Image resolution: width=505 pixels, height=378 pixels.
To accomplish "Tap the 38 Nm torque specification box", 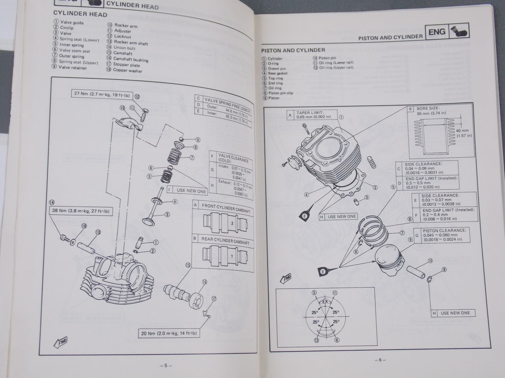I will (81, 211).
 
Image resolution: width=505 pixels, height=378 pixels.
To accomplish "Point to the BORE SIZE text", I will (428, 108).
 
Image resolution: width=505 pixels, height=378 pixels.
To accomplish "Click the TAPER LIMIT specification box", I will (311, 115).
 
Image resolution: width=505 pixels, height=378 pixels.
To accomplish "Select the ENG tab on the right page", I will (437, 32).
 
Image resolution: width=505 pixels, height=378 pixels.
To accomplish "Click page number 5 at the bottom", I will (166, 366).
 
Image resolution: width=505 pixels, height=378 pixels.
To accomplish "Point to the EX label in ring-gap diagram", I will (325, 301).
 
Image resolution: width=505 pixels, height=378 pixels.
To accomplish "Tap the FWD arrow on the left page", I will (60, 343).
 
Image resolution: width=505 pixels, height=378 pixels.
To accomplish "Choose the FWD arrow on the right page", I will (286, 278).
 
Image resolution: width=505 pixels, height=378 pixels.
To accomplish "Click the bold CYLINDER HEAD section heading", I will (80, 14).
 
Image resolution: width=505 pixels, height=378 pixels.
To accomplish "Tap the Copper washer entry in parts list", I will (127, 70).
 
